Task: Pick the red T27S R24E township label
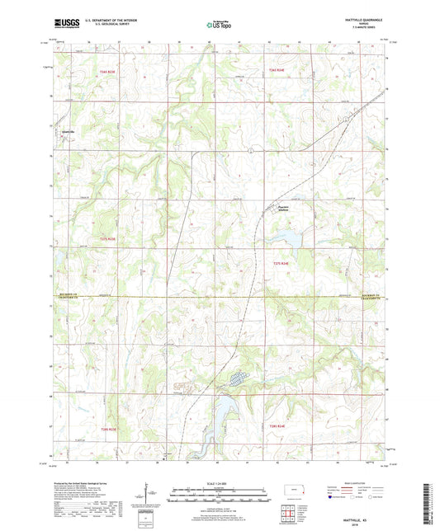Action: tap(282, 262)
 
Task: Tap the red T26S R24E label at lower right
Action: tap(277, 425)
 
